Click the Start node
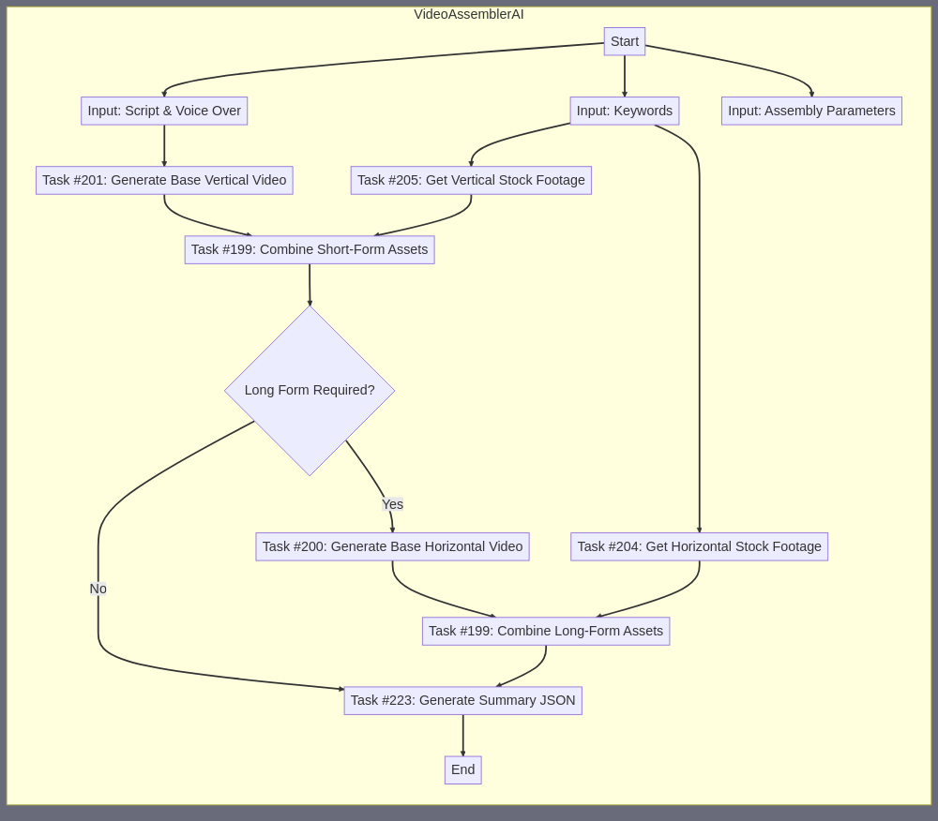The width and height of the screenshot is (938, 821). (x=625, y=41)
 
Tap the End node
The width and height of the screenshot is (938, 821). (x=462, y=769)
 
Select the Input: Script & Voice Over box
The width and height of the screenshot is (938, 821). (x=164, y=111)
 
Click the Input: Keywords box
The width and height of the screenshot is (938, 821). (x=625, y=111)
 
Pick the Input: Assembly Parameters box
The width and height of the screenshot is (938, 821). (x=811, y=111)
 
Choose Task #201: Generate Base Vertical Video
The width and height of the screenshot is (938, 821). (x=164, y=180)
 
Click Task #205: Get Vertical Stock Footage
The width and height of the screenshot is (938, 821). (x=471, y=180)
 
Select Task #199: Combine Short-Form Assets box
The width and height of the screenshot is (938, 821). (x=310, y=249)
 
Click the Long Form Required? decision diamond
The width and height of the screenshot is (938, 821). (x=310, y=390)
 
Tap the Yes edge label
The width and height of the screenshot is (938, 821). (x=392, y=504)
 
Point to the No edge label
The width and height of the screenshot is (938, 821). (x=98, y=589)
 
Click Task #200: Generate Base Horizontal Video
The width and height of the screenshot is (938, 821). (x=392, y=546)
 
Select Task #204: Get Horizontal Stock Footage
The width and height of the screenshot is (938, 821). (x=699, y=546)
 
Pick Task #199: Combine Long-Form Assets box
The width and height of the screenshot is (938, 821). (x=546, y=631)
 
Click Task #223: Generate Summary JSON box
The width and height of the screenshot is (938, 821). (x=462, y=700)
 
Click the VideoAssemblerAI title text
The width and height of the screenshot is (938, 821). (x=469, y=14)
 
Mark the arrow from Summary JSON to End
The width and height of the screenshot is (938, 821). (x=462, y=736)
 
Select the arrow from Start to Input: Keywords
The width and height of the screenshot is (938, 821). (x=625, y=76)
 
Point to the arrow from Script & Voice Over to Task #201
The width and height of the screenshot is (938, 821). (x=164, y=145)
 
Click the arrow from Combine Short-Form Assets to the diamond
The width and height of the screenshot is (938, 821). (x=310, y=284)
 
